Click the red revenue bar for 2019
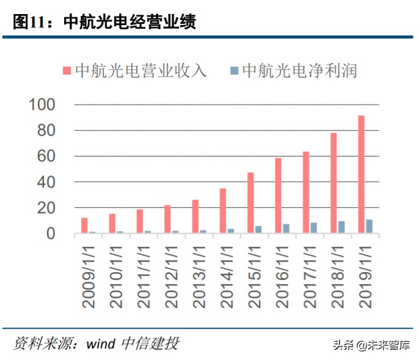coord(361,174)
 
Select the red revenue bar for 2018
coord(333,183)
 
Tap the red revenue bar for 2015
coord(250,202)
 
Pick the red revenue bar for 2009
coord(84,226)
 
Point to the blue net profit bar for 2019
coord(369,226)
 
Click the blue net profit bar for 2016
coord(286,229)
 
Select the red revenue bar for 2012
coord(167,219)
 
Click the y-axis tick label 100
coord(42,105)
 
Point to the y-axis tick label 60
coord(46,156)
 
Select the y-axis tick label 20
coord(46,208)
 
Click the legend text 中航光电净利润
coord(299,70)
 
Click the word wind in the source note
coord(100,343)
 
